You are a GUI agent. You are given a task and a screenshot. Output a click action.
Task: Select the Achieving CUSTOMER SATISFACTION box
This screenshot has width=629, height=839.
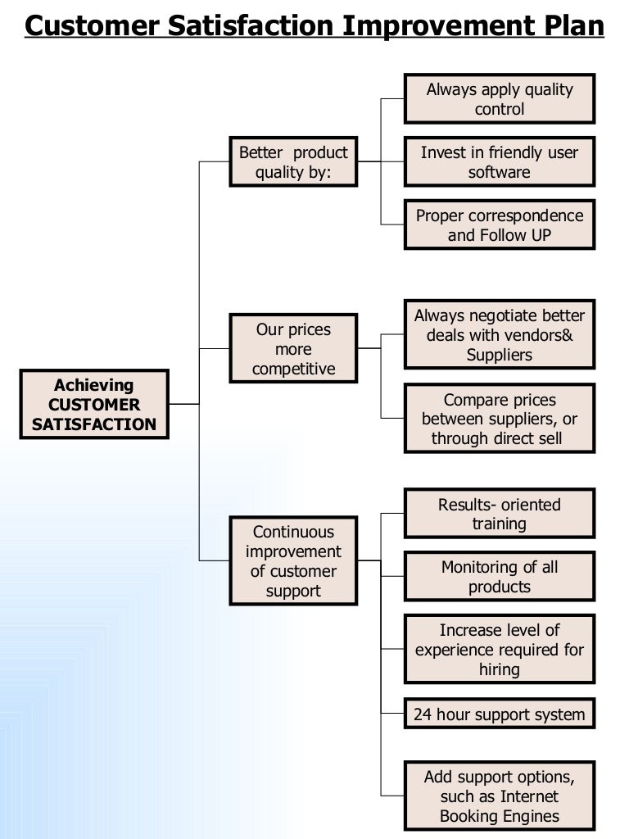[94, 405]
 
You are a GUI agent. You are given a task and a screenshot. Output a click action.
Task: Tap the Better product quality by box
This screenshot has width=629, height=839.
[293, 162]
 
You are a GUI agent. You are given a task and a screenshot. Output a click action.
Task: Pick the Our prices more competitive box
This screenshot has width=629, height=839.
[293, 349]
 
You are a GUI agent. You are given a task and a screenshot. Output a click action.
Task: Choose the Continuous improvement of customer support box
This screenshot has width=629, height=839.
[293, 561]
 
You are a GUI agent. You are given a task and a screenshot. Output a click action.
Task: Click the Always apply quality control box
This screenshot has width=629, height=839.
[500, 99]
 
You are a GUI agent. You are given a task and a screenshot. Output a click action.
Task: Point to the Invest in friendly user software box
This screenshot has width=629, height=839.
[500, 162]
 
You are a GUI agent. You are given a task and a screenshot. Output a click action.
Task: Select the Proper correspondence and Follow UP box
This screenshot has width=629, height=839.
[500, 225]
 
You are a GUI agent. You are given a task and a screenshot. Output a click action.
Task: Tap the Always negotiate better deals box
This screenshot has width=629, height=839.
[500, 335]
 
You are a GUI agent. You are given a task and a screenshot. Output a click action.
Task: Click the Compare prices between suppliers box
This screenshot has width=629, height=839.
[500, 419]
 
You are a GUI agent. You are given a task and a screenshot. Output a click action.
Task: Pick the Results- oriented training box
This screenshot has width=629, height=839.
[500, 514]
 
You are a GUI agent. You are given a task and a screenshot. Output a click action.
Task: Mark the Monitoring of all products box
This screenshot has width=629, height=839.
[500, 577]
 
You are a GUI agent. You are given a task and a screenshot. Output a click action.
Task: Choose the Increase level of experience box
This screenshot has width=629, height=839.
[500, 650]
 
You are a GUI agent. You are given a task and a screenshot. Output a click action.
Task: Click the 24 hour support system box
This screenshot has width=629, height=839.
[500, 714]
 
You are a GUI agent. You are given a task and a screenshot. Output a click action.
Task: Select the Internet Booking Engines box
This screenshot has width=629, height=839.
[500, 796]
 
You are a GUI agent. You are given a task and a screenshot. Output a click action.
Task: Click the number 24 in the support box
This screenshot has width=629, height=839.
[423, 714]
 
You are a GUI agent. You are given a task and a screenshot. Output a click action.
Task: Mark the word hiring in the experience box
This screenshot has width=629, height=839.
[500, 669]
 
